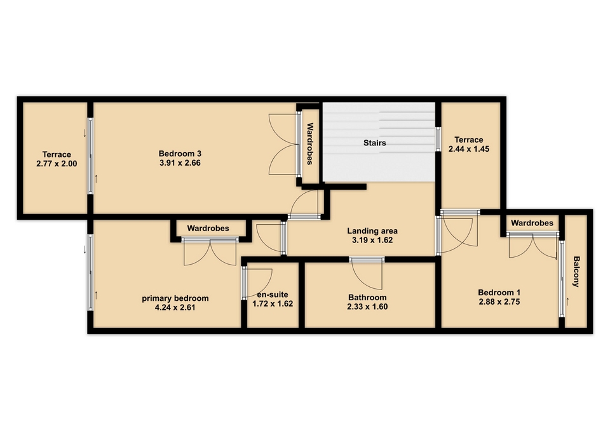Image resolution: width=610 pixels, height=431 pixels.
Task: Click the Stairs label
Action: pyautogui.click(x=375, y=143)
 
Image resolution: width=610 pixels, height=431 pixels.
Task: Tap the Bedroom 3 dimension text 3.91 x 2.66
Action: pyautogui.click(x=180, y=163)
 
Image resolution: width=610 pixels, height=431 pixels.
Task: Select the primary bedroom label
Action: pyautogui.click(x=175, y=298)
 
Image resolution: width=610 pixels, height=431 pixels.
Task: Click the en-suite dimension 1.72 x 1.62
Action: pyautogui.click(x=273, y=304)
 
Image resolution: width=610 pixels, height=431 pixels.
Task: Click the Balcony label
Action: pyautogui.click(x=576, y=271)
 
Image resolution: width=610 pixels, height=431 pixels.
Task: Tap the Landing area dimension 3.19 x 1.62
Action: pyautogui.click(x=372, y=240)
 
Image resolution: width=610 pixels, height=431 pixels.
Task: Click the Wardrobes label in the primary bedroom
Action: pyautogui.click(x=208, y=228)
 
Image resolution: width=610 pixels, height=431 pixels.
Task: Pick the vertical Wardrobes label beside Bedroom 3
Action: pyautogui.click(x=310, y=144)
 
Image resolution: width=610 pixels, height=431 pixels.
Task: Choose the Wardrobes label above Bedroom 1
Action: pyautogui.click(x=532, y=223)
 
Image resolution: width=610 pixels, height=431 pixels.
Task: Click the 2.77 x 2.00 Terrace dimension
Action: pyautogui.click(x=57, y=164)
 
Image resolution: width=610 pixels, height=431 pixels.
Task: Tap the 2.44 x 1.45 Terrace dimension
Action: pyautogui.click(x=469, y=149)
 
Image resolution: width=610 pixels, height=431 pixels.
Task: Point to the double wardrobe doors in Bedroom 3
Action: pyautogui.click(x=283, y=144)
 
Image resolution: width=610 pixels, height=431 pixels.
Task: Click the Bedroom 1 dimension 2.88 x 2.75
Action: pyautogui.click(x=499, y=302)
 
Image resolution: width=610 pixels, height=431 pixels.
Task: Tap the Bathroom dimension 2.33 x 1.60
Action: pyautogui.click(x=368, y=307)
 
